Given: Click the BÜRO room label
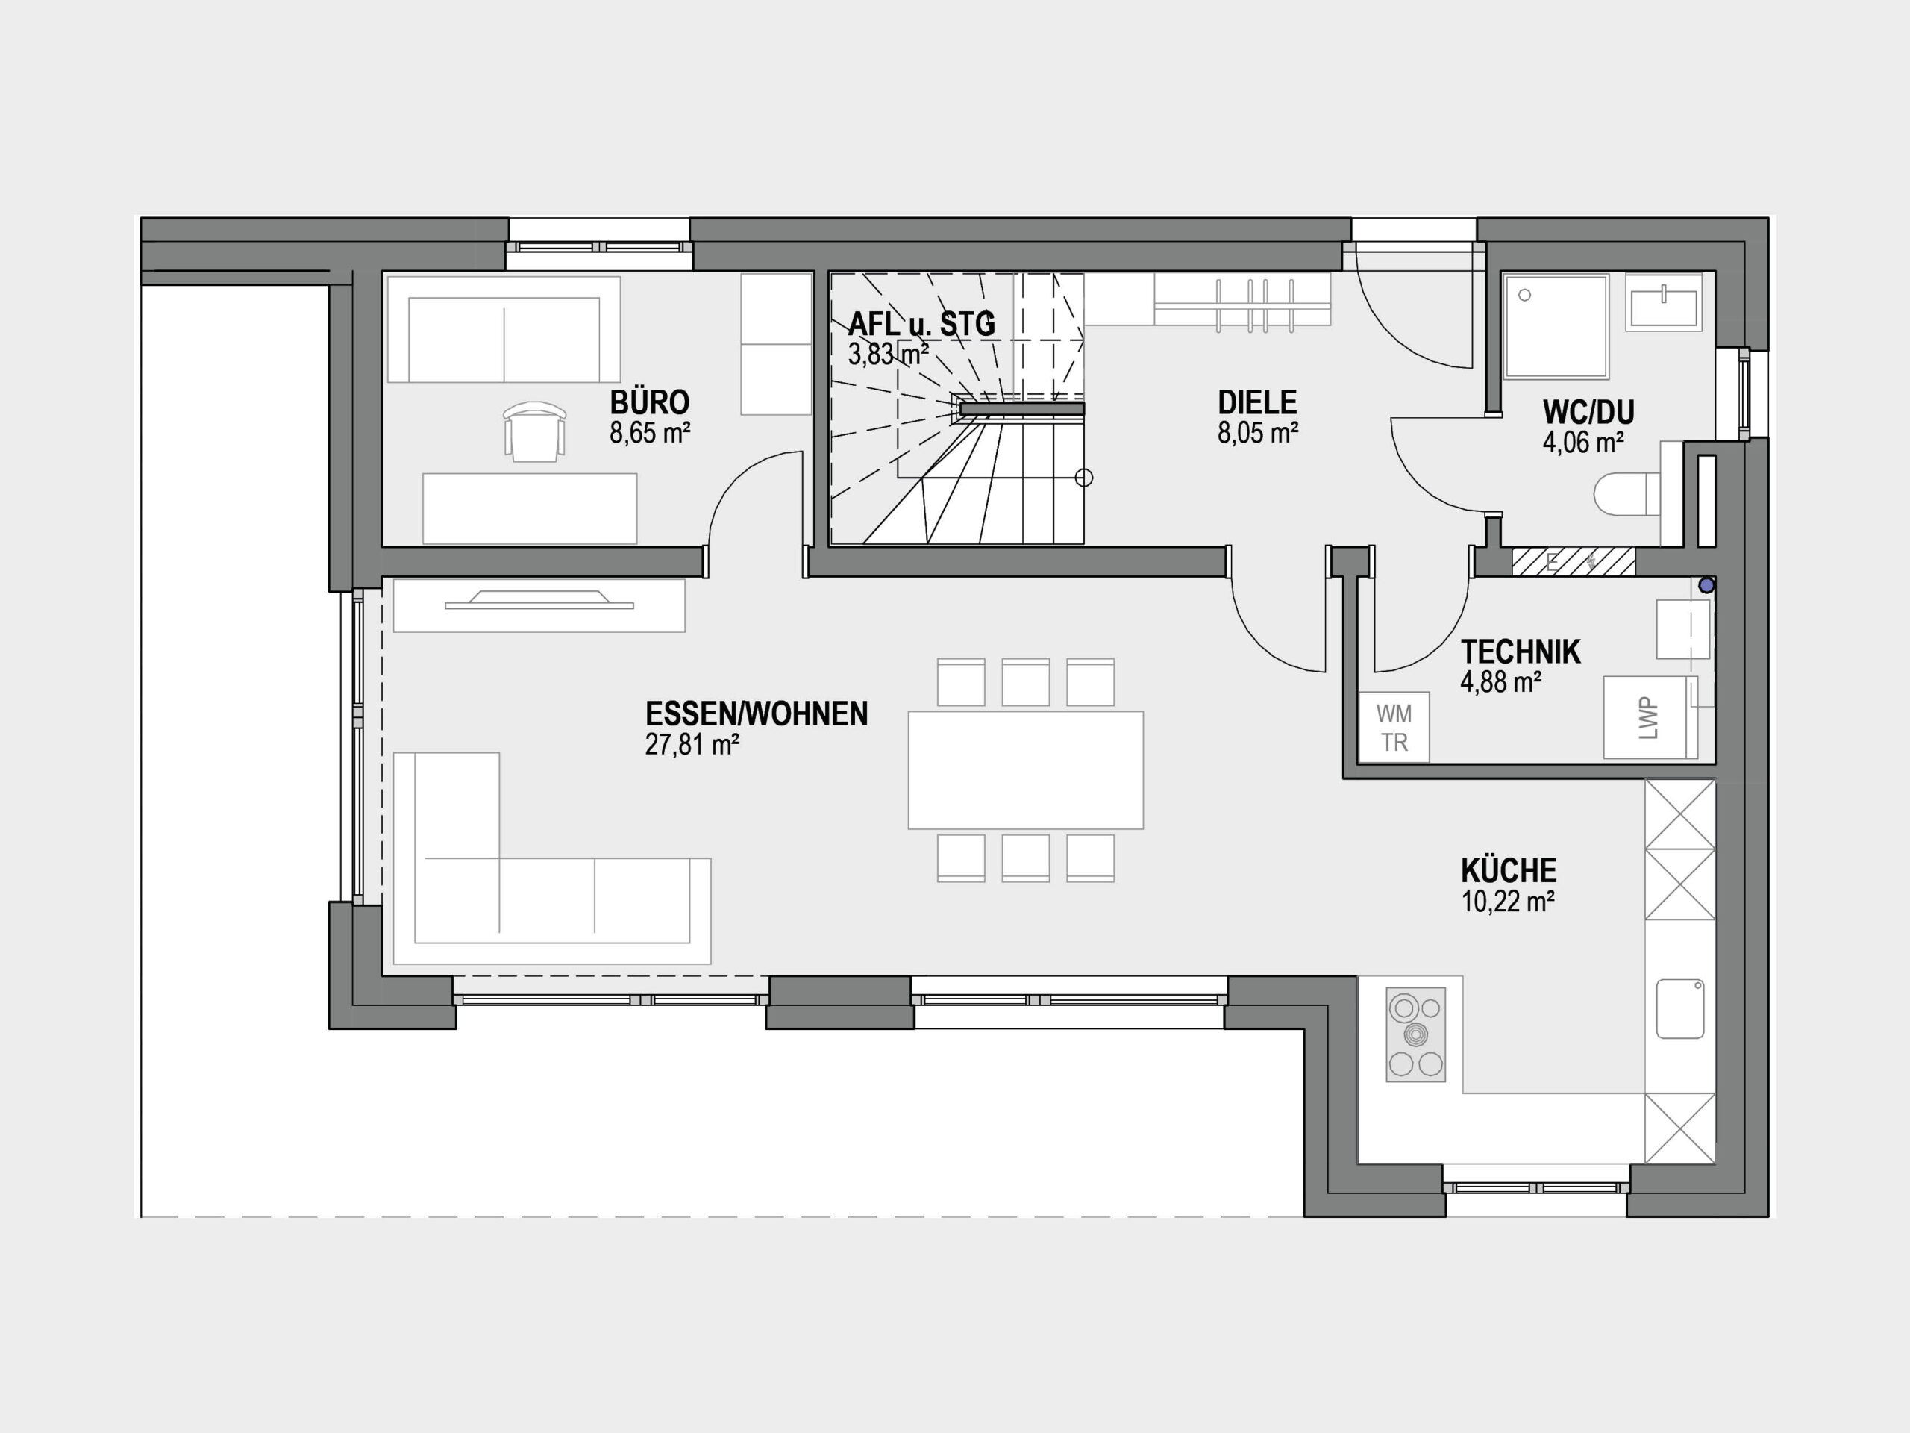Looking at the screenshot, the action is point(649,402).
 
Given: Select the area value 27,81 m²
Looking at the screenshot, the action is point(692,745).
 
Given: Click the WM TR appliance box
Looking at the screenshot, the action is point(1394,727).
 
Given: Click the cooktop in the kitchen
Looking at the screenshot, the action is point(1415,1034).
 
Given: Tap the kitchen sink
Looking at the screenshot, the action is point(1680,1008).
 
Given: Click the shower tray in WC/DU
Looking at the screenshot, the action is point(1556,326).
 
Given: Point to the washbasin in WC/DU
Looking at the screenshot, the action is point(1664,302).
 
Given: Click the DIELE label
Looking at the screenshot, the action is point(1257,402).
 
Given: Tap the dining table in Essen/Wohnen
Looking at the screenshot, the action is point(1026,769).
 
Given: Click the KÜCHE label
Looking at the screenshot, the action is point(1509,871).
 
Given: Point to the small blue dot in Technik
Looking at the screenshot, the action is point(1706,586).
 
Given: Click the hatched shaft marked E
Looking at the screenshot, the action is point(1574,561).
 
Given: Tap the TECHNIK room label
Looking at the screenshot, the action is point(1521,652).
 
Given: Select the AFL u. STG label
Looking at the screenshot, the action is point(921,324).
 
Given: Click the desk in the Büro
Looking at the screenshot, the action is point(529,508).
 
